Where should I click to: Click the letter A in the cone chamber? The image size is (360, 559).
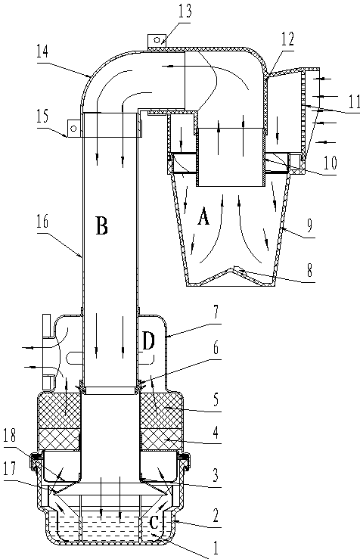coord(203,216)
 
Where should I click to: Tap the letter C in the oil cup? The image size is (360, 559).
coord(154,523)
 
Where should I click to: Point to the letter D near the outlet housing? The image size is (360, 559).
coord(148,341)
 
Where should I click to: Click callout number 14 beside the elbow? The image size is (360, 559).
coord(42,52)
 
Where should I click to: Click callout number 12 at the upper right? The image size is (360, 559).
coord(287,39)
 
